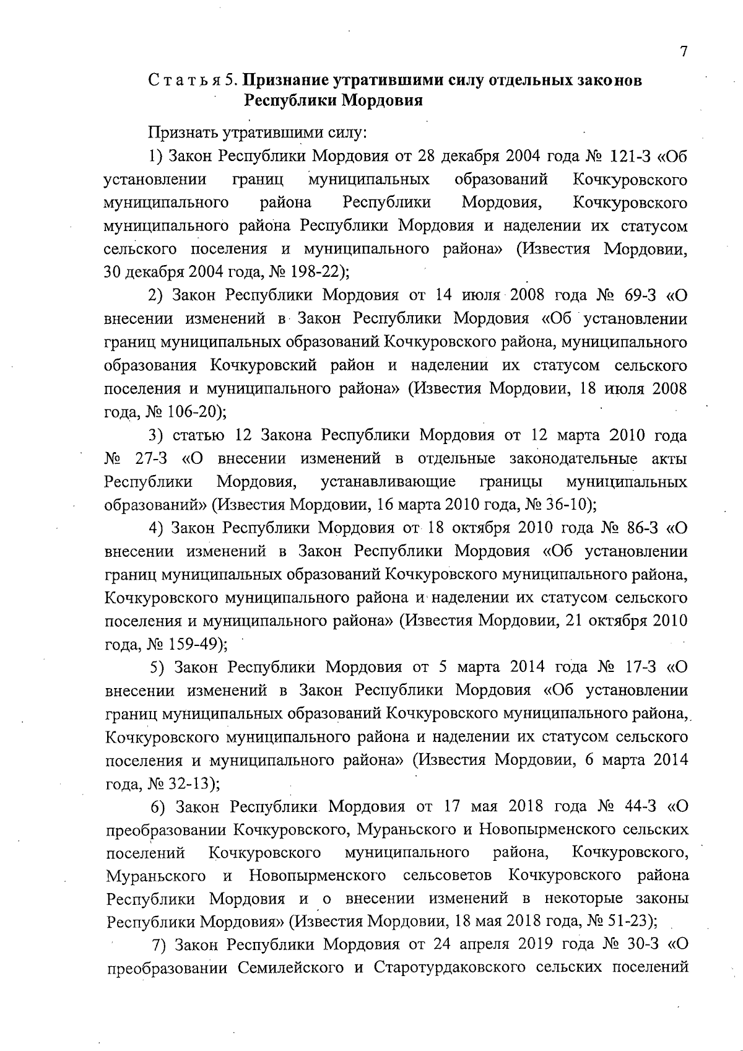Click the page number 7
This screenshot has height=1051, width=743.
coord(684,52)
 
